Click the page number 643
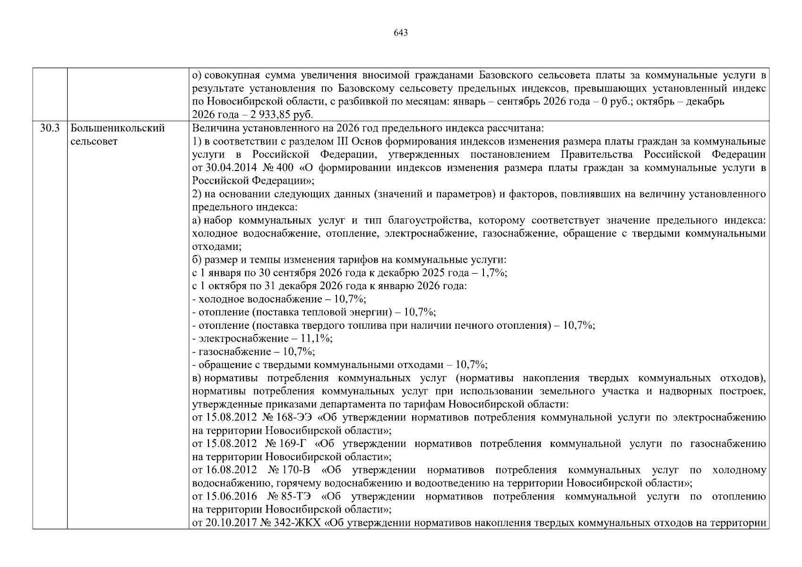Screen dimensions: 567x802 click(x=400, y=33)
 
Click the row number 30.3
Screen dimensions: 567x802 click(x=50, y=128)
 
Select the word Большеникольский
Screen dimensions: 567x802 click(x=117, y=128)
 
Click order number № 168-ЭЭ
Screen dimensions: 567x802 click(x=288, y=418)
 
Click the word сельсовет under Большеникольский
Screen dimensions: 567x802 click(x=94, y=141)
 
